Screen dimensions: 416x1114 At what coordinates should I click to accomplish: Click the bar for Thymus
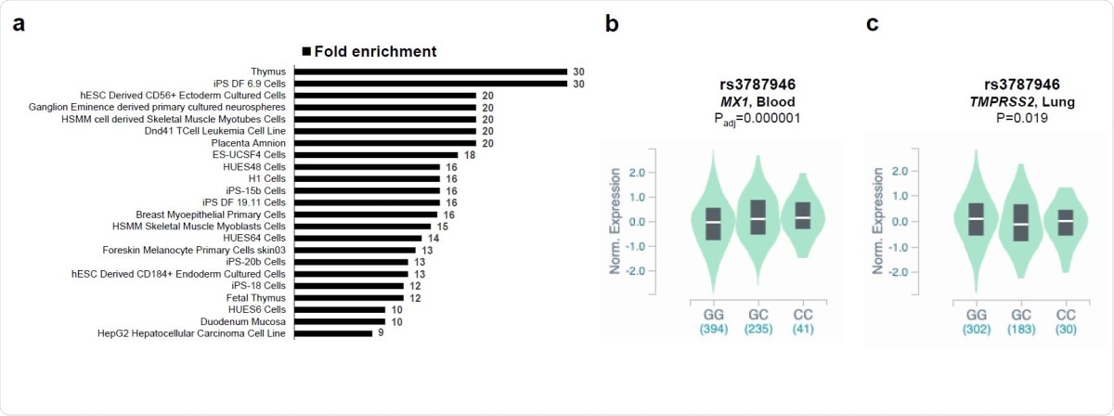(x=430, y=71)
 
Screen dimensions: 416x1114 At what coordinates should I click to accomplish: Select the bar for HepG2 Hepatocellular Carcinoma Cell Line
(x=333, y=333)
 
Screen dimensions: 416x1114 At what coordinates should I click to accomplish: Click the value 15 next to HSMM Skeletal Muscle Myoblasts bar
(x=440, y=226)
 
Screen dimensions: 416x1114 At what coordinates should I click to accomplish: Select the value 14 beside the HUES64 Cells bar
(x=433, y=238)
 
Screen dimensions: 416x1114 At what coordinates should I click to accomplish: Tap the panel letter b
(x=611, y=24)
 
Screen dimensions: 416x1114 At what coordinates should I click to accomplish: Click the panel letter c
(x=872, y=24)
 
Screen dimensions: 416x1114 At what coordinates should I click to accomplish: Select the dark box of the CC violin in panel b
(x=802, y=215)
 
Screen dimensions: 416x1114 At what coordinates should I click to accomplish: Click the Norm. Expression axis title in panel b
(x=615, y=223)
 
